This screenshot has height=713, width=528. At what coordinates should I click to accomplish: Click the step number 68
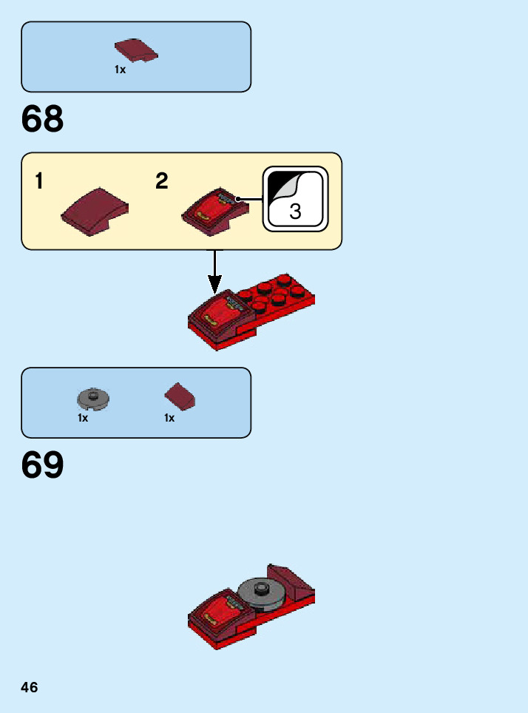point(43,119)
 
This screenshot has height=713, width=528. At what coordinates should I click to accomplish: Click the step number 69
point(43,465)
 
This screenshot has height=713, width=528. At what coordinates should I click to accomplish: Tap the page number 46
point(30,688)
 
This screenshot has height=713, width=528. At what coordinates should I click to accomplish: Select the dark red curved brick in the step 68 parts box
point(136,50)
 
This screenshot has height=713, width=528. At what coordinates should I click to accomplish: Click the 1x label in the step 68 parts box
point(120,70)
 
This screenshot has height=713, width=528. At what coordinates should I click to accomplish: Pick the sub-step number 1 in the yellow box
point(38,181)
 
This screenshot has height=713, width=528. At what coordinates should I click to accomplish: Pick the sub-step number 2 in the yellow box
point(162,181)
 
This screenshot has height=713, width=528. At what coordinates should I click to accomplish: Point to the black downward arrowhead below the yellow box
point(214,284)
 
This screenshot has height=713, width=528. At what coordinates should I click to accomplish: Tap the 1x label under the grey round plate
point(83,418)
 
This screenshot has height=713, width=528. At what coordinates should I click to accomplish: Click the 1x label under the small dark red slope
point(169,418)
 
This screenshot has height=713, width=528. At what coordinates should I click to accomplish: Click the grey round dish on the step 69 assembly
point(262,592)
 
